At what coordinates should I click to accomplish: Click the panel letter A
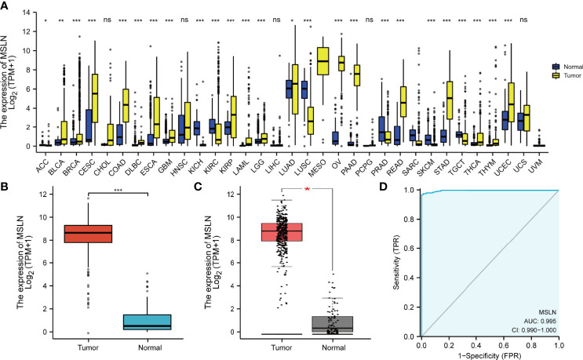(x=5, y=6)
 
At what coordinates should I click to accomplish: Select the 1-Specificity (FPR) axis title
(x=490, y=354)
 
